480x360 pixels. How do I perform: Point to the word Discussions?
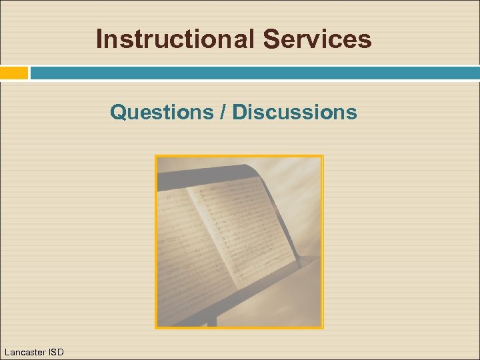(x=295, y=112)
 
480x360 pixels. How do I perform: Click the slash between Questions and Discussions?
(x=223, y=112)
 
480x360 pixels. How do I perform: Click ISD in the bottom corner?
(x=55, y=351)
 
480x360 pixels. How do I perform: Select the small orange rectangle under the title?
(x=14, y=73)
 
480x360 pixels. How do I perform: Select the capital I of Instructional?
(x=99, y=39)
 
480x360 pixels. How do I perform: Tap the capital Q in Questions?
(x=118, y=112)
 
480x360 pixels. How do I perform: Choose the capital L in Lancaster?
(x=7, y=351)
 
